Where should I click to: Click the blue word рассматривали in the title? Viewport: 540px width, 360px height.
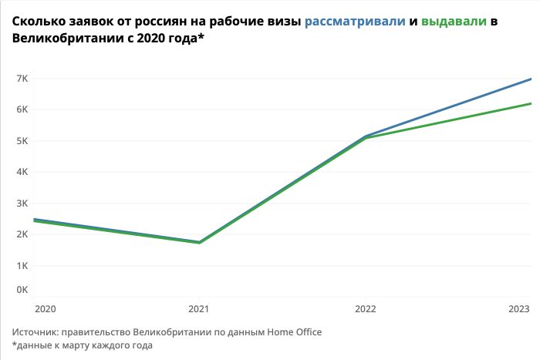pos(355,22)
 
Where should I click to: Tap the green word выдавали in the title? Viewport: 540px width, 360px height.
pos(454,22)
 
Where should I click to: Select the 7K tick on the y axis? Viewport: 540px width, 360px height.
pos(21,79)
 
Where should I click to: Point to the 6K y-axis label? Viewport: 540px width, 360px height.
pos(21,109)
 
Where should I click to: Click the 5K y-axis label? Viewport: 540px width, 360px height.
pos(21,141)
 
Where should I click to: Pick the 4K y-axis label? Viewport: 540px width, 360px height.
pos(21,172)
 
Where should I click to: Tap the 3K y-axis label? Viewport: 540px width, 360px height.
pos(21,204)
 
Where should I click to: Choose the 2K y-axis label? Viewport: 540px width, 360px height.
pos(21,234)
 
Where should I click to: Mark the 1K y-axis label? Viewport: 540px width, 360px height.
pos(21,266)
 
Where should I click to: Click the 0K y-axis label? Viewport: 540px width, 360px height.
pos(21,290)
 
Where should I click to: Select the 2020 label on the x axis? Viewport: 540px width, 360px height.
pos(45,309)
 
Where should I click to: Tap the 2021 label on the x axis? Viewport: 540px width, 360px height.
pos(200,309)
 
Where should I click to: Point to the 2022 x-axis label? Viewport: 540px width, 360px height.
pos(365,309)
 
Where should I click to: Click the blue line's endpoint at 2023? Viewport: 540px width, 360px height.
pos(531,79)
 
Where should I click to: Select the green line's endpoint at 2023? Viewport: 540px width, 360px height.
pos(531,103)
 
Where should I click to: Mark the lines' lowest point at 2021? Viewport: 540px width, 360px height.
pos(200,242)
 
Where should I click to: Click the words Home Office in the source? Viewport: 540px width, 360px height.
pos(294,332)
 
